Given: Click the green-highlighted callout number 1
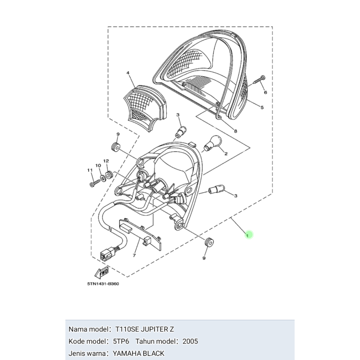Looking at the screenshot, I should coord(249,234).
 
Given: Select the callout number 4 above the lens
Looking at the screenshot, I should coord(128,73).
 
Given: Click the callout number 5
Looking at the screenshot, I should coord(262,108).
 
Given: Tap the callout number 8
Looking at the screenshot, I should coord(235,131).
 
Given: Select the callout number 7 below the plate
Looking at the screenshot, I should coord(134,256).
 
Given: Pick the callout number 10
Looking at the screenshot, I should coord(98,165).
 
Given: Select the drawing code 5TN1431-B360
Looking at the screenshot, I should coord(103,284).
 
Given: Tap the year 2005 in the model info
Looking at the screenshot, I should coord(190,341).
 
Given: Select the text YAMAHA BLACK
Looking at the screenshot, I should coord(139,353).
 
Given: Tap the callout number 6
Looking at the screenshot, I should coord(265,92).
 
